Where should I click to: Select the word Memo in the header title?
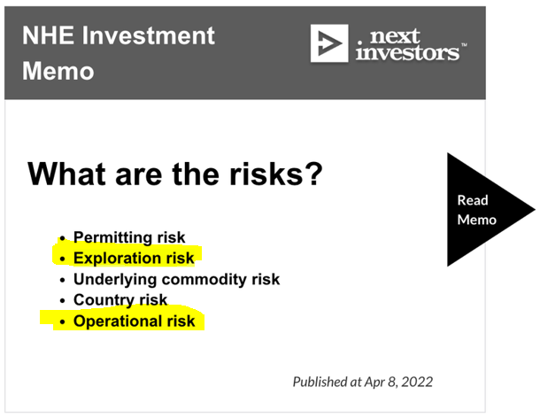pos(58,71)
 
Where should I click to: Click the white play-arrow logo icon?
pos(329,43)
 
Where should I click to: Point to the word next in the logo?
pos(395,36)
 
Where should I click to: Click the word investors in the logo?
pos(408,52)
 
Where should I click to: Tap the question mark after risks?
pos(312,174)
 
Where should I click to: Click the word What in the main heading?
pos(66,174)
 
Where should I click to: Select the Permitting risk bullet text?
pos(129,237)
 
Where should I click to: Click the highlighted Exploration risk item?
pos(134,258)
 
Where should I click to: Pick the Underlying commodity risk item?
pos(177,279)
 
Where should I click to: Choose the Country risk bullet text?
pos(120,300)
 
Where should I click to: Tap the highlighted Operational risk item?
pos(135,321)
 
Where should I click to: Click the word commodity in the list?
pos(204,279)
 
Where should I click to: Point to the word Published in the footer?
pos(320,383)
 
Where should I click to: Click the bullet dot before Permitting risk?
pos(62,238)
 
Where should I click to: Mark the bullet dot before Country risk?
pos(62,301)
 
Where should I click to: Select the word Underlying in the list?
pos(115,280)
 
